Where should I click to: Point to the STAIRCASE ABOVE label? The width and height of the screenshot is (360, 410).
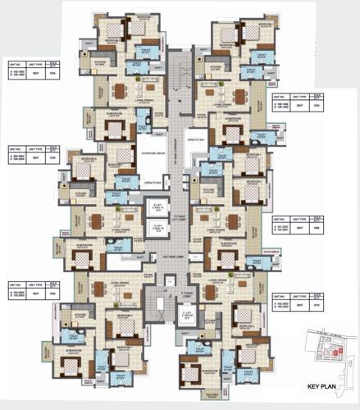[152, 153]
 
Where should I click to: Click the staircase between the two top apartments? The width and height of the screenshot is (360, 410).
[180, 81]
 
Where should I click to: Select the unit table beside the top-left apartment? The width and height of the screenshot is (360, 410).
[30, 71]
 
